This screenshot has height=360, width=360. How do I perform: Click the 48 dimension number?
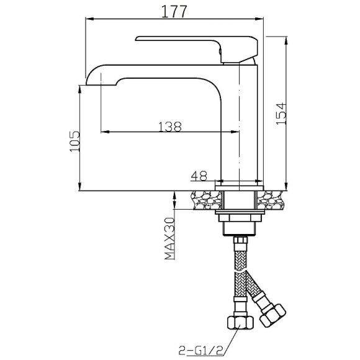click(x=199, y=176)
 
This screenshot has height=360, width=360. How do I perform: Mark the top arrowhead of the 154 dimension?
click(x=286, y=40)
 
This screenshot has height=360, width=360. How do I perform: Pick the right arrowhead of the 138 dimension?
click(x=236, y=132)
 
